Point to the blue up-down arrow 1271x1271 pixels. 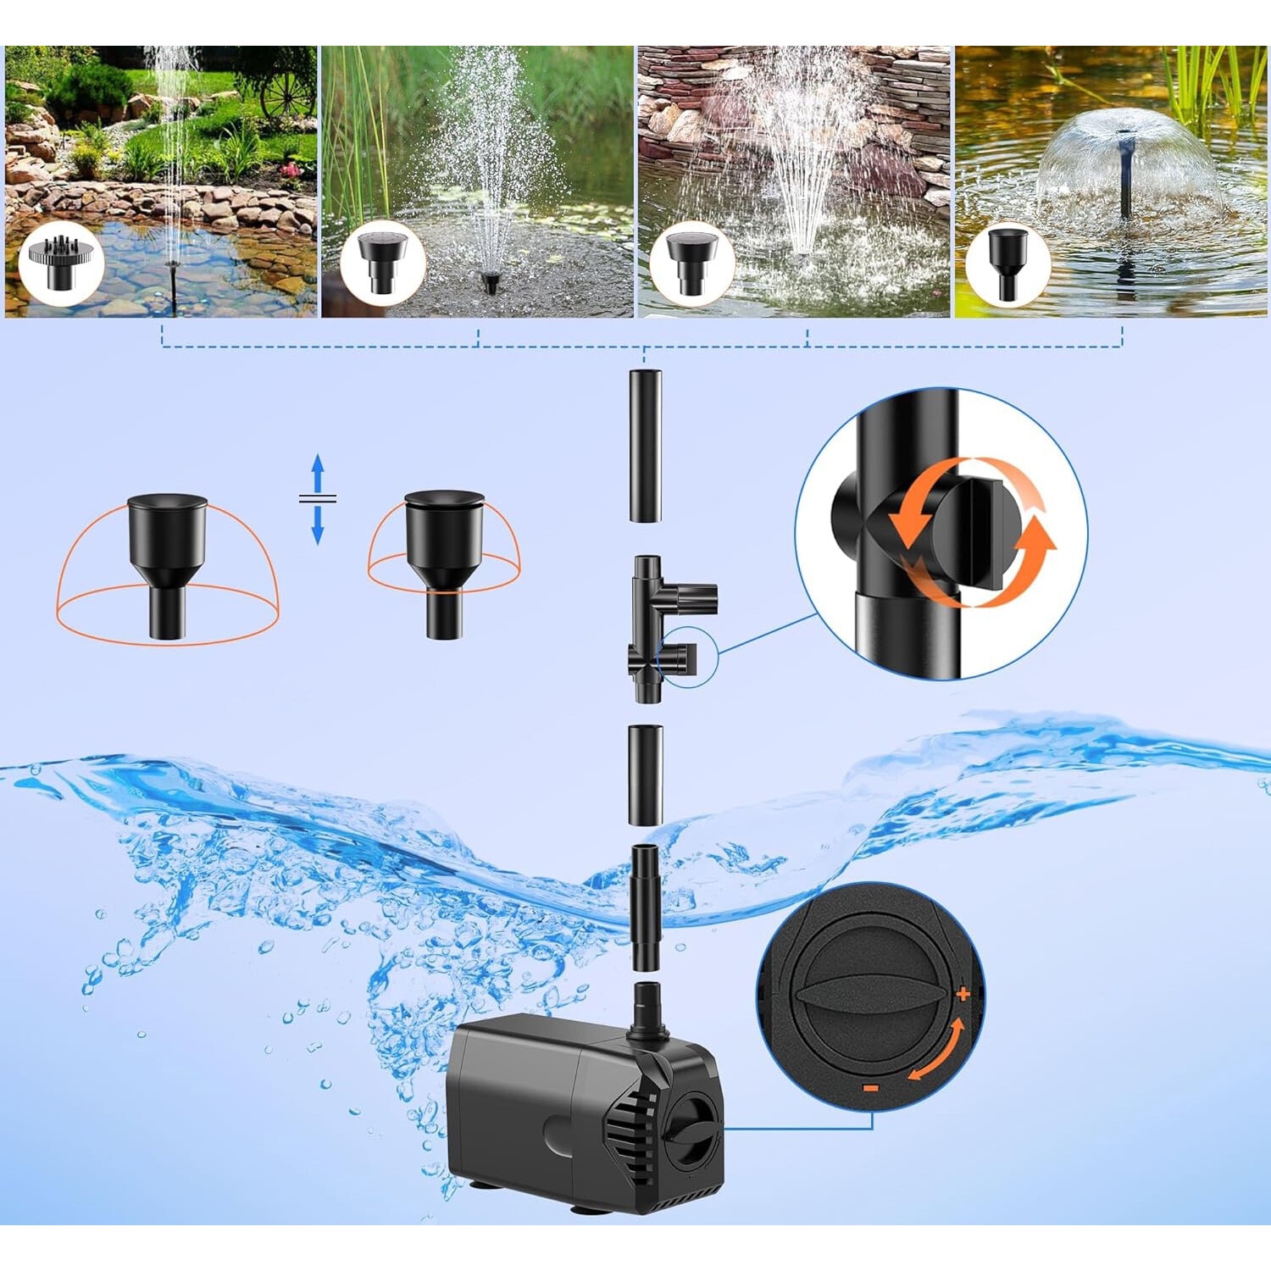318,499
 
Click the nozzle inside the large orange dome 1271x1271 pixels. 167,563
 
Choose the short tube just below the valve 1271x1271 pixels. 646,774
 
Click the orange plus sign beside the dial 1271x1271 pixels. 963,994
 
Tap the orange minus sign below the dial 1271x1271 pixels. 870,1087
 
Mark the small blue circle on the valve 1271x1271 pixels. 688,657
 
